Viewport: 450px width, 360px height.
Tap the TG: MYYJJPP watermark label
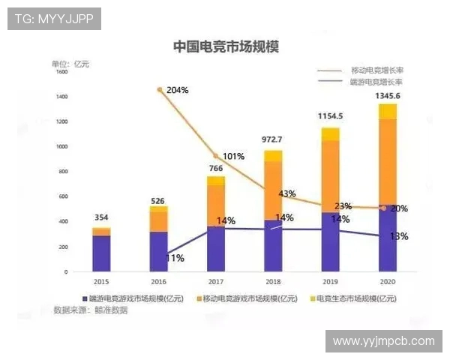point(53,19)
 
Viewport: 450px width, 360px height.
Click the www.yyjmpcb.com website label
point(383,340)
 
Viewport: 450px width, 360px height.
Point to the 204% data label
point(177,90)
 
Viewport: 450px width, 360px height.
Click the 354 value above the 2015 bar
point(101,217)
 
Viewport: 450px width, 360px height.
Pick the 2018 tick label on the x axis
point(272,281)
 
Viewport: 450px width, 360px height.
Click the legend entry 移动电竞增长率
point(376,69)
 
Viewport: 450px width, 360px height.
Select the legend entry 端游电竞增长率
point(376,81)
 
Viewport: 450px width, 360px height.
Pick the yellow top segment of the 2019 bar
point(330,134)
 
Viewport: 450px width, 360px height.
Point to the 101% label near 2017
point(233,157)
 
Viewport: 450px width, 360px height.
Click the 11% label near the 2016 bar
point(175,258)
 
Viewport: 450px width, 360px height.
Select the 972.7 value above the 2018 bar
point(272,139)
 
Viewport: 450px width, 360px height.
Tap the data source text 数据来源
point(89,310)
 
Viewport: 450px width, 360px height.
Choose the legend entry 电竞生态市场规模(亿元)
point(355,298)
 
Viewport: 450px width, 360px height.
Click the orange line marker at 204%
point(160,90)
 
